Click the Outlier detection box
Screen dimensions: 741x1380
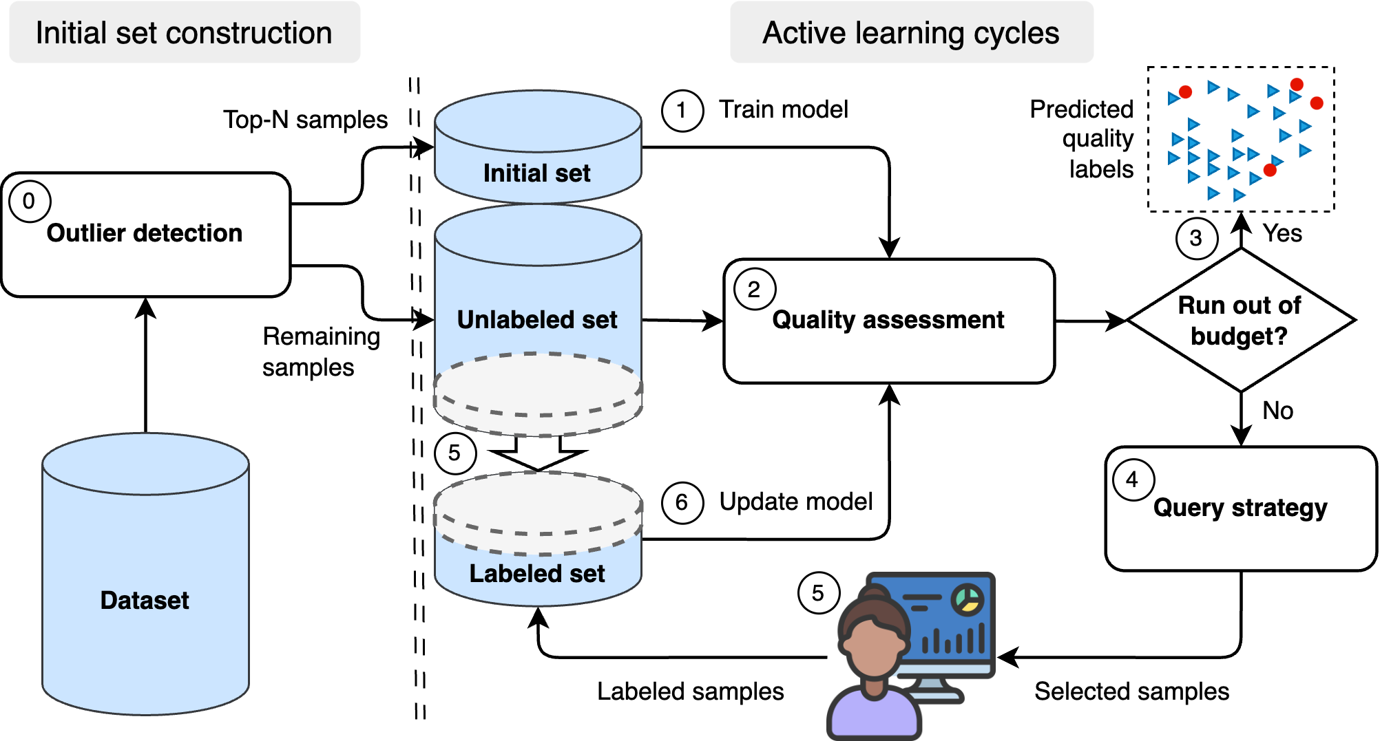145,234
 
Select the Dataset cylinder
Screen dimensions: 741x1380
145,599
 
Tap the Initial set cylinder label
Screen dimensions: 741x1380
537,173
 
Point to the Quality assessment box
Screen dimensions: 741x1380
888,321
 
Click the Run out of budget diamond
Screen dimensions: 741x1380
1240,321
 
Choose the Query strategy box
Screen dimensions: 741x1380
1240,508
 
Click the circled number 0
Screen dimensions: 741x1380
29,202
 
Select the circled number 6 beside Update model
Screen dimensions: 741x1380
682,502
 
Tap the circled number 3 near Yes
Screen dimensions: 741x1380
1196,238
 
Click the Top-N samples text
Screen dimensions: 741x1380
305,120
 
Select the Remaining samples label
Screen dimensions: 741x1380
320,352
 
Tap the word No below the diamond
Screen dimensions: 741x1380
1277,411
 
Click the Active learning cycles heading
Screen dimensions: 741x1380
910,33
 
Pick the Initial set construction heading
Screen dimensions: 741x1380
184,33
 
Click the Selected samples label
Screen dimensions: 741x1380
1131,691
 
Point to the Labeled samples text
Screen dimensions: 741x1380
690,691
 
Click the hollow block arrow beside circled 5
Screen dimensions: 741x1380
538,453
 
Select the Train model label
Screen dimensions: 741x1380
783,109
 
